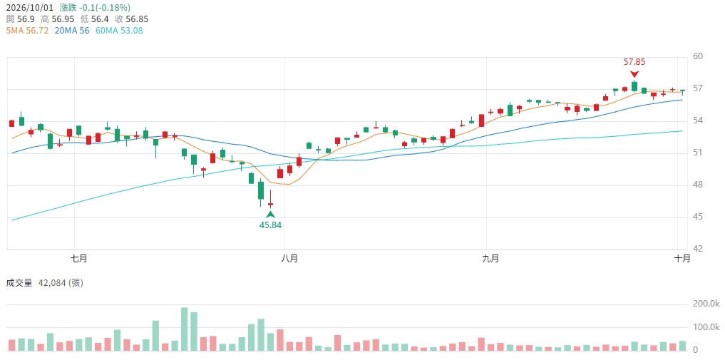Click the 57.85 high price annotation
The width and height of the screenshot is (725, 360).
(634, 62)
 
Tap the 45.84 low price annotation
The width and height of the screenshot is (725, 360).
(270, 225)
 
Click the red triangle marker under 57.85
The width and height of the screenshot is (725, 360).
(634, 74)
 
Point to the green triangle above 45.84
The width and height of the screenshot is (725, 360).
(270, 214)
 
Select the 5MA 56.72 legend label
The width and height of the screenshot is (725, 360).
(27, 31)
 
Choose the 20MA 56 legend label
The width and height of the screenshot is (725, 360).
(71, 31)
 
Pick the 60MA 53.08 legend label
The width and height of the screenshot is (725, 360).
(118, 31)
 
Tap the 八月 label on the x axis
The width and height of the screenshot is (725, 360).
(289, 259)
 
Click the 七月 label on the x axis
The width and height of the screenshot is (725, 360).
(80, 259)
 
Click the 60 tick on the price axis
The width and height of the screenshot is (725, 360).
(698, 57)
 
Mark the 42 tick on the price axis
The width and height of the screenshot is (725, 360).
(698, 250)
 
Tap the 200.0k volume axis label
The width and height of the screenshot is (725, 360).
(706, 304)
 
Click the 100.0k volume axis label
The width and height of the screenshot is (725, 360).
(706, 327)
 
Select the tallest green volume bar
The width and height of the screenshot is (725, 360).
(185, 329)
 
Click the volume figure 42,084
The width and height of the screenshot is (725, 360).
(51, 283)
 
